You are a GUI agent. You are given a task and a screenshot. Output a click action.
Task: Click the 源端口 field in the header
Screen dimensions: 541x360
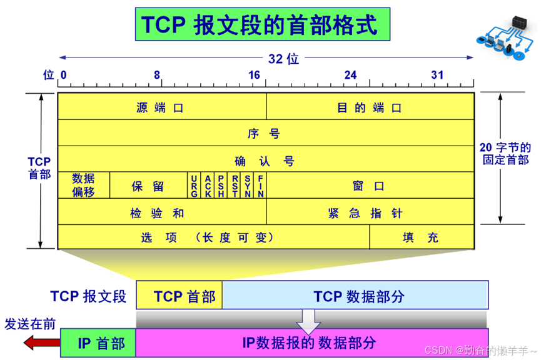(161, 107)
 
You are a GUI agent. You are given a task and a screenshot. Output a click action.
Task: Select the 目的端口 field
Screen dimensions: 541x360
(370, 107)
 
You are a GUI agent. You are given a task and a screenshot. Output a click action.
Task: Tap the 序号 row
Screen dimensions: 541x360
(265, 133)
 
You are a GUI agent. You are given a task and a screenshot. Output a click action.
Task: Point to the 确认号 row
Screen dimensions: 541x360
(265, 160)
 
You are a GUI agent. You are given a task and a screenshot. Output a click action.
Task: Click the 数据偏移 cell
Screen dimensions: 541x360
(84, 186)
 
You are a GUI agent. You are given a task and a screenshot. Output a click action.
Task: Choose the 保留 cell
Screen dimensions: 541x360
(148, 186)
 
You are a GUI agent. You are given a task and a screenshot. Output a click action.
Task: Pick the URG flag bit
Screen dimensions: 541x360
(195, 186)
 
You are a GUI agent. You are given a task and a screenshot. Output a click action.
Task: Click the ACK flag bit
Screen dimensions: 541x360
(208, 186)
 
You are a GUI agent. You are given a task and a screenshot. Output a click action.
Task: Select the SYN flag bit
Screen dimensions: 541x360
(248, 186)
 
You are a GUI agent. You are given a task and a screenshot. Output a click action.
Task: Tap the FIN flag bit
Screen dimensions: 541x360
(260, 186)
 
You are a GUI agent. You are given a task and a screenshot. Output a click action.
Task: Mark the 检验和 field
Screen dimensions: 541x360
(161, 212)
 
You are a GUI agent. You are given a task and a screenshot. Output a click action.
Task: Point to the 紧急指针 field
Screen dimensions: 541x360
(370, 212)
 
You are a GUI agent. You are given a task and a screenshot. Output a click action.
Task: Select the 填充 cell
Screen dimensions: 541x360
(422, 237)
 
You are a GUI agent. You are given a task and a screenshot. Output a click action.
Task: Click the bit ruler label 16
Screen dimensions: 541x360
(254, 76)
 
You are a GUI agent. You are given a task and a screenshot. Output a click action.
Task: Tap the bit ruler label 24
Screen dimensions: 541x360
(350, 76)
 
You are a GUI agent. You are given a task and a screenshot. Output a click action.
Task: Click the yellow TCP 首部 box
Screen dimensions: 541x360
(179, 296)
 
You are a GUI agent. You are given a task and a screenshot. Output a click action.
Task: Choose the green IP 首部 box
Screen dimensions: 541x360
(98, 342)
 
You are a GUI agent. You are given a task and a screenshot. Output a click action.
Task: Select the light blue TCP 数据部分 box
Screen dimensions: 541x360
(355, 296)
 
